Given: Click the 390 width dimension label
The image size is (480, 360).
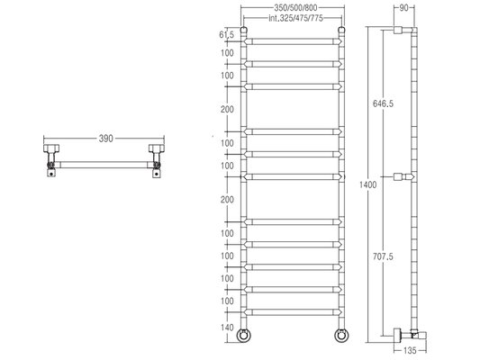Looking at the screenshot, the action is (106, 139).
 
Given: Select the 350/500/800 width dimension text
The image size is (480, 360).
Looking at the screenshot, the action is (295, 7).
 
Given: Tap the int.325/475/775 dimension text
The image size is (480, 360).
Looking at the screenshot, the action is (295, 18).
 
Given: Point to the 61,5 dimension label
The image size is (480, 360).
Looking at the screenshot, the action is (227, 35).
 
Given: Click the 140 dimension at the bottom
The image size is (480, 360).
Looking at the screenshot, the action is (227, 328).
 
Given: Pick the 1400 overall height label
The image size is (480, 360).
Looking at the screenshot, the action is (368, 184).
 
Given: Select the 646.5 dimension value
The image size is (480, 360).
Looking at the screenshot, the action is (383, 103).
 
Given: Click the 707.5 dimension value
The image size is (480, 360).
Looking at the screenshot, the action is (383, 256).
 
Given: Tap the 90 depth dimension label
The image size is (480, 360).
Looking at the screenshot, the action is (404, 8).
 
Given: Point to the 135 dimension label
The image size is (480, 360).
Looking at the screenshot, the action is (410, 350).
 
